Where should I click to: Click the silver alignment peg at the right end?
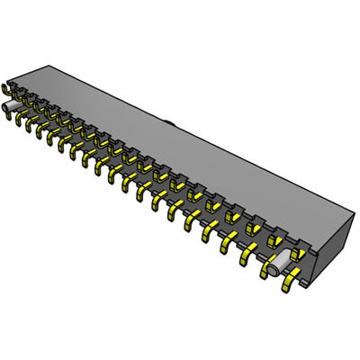tap(278, 262)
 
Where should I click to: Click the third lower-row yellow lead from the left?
tap(41, 134)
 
